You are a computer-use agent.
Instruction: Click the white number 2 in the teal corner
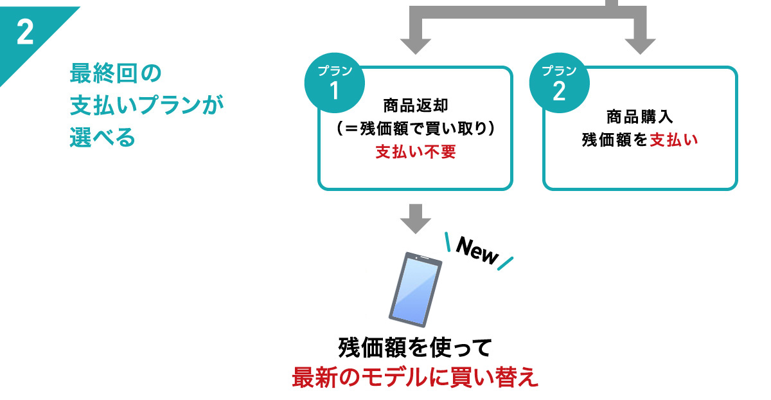click(24, 32)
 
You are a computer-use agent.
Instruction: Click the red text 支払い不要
click(415, 154)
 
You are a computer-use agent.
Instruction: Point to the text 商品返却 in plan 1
click(415, 105)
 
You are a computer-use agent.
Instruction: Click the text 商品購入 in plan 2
click(639, 117)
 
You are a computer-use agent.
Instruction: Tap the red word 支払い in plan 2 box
click(673, 139)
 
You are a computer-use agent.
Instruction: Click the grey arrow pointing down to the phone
click(415, 219)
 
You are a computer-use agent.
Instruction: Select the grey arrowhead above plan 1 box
click(415, 45)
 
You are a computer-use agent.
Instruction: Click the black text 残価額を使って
click(415, 348)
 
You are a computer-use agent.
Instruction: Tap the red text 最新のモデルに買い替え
click(415, 377)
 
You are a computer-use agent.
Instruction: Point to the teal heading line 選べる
click(103, 138)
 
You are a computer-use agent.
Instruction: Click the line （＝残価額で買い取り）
click(415, 129)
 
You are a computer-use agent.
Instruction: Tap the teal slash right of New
click(506, 263)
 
